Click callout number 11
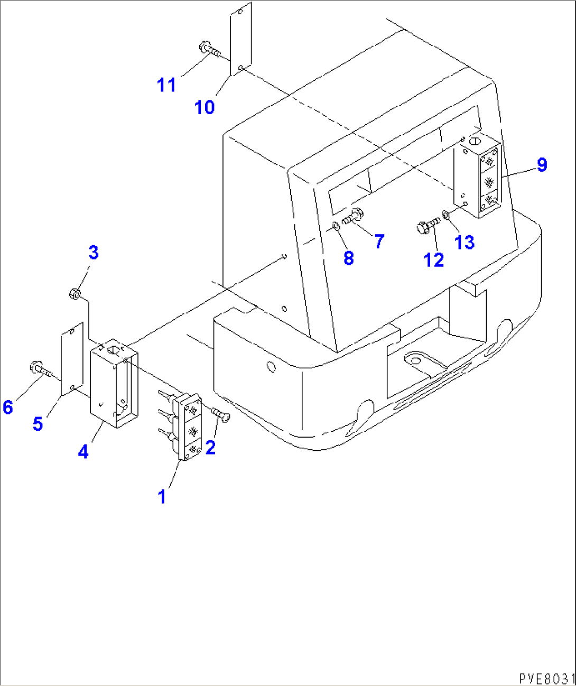(x=166, y=85)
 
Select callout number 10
(x=205, y=107)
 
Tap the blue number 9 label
(x=542, y=165)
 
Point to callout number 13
(x=464, y=243)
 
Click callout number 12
(x=434, y=260)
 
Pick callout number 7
(x=379, y=242)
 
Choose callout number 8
(x=348, y=258)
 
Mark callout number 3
(x=93, y=253)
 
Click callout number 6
(x=8, y=407)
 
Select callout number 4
(x=83, y=452)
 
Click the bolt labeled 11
(x=210, y=50)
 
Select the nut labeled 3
(x=75, y=293)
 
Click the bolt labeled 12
(x=428, y=226)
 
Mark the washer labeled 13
(x=445, y=215)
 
